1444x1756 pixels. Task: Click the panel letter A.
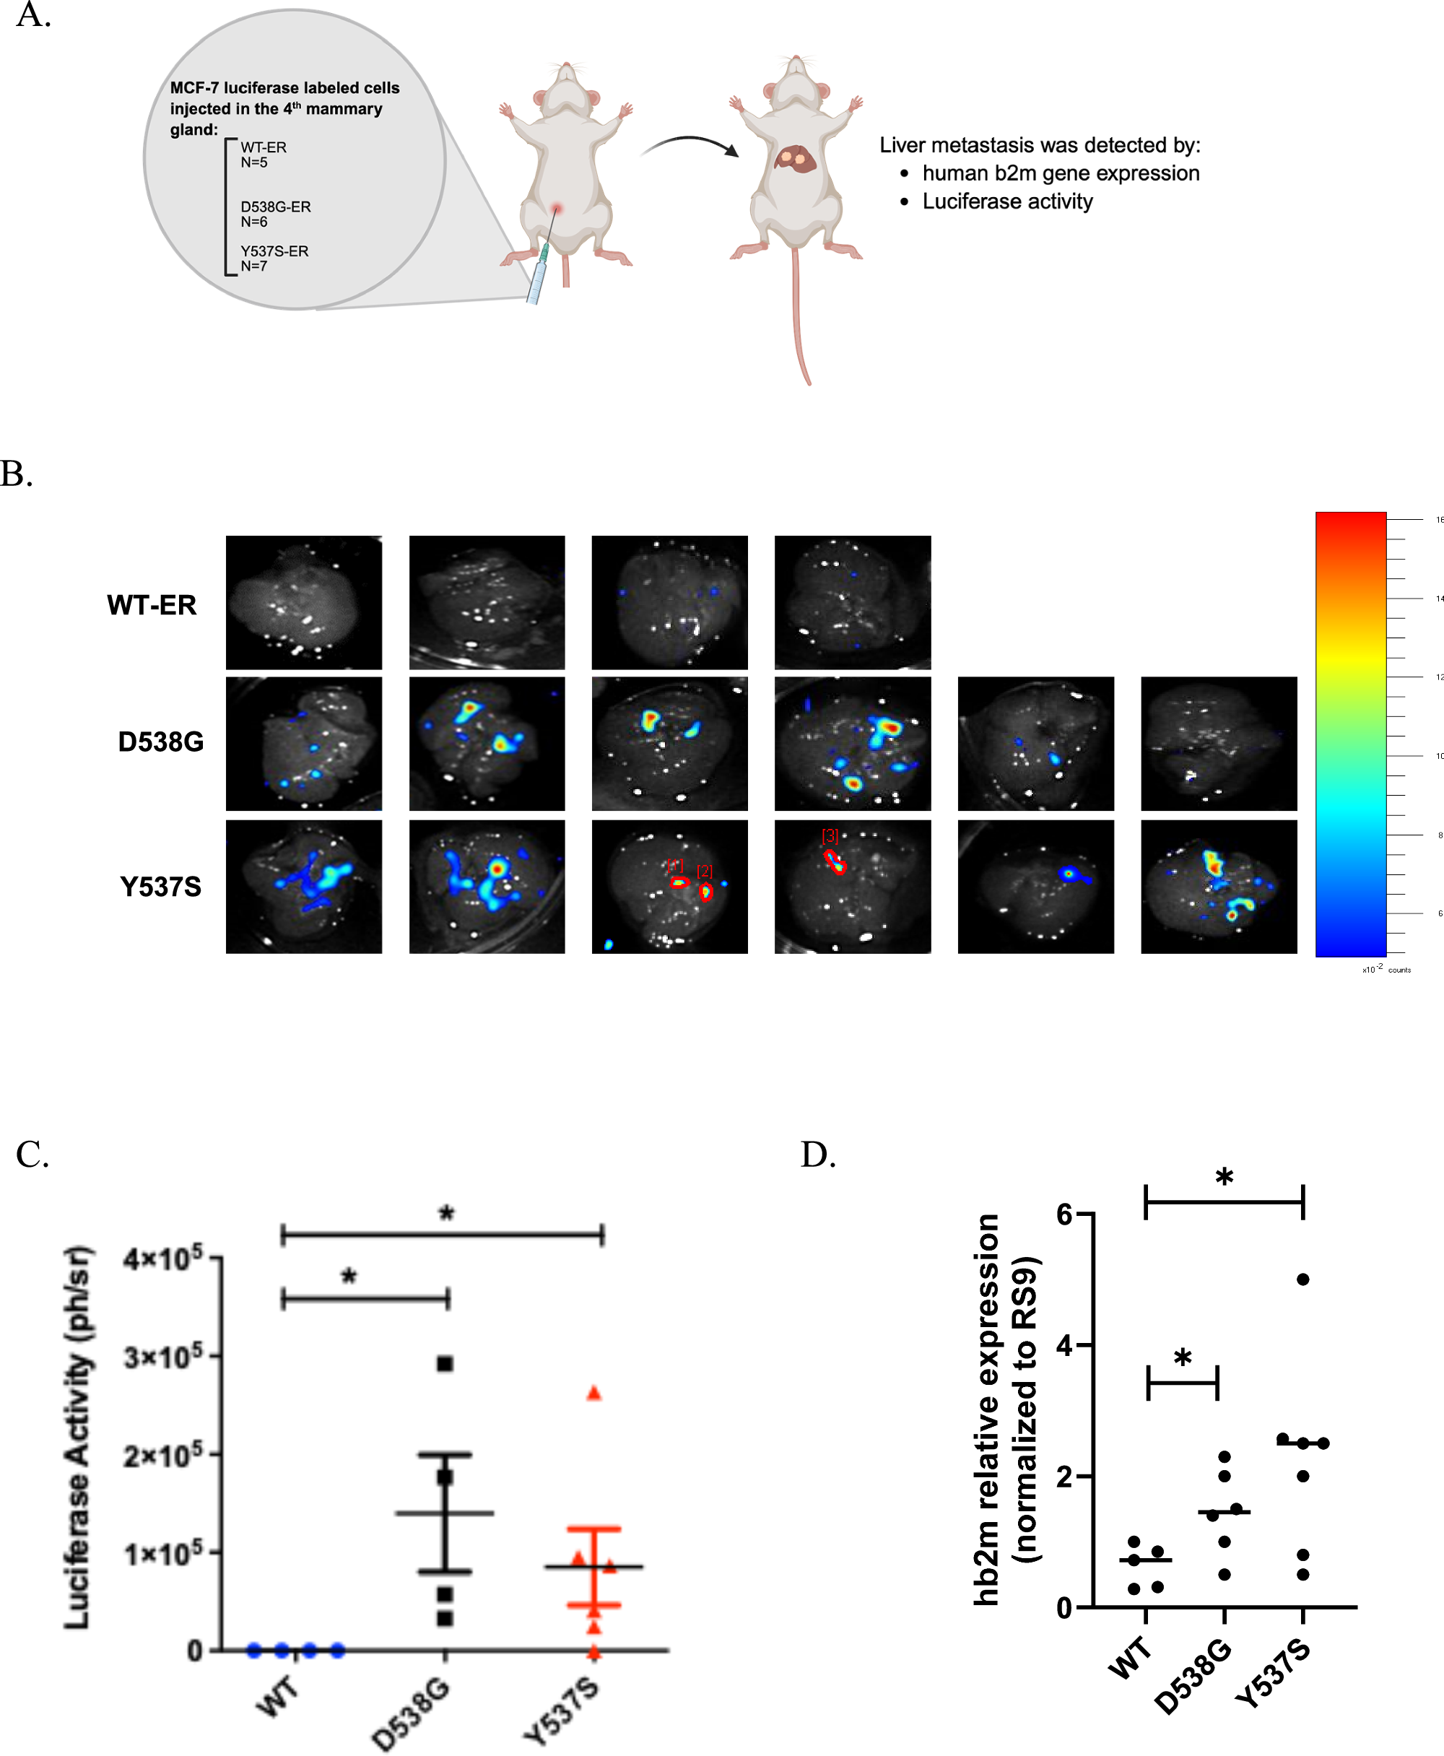coord(32,15)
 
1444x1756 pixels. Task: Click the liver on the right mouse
coord(796,159)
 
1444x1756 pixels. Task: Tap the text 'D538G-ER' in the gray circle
coord(275,207)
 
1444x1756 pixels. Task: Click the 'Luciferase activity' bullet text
coord(1007,201)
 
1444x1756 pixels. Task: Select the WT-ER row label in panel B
coord(152,605)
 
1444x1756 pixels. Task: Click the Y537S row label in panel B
coord(160,887)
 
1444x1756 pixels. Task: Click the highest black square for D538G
coord(445,1363)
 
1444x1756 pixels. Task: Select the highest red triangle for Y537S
coord(594,1394)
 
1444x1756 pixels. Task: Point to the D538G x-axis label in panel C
coord(411,1713)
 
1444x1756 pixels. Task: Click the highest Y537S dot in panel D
coord(1302,1279)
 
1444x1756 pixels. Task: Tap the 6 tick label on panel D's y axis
coord(1064,1214)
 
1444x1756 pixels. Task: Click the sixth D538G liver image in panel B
coord(1219,744)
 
